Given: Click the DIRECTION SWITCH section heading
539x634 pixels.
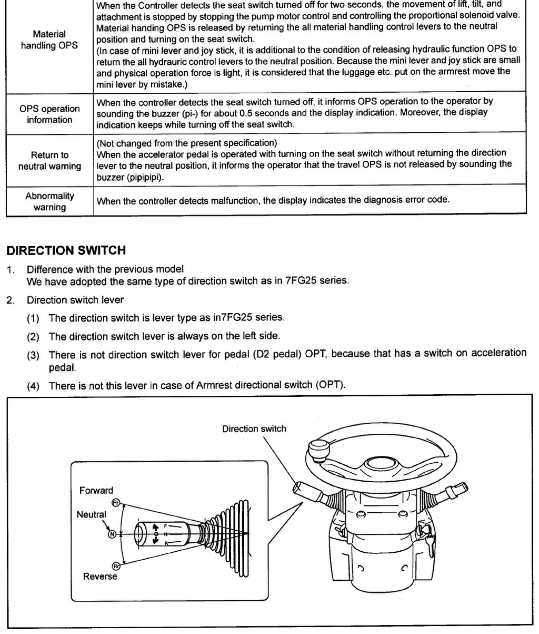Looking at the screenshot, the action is click(66, 250).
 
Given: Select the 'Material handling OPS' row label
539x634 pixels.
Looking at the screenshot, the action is click(49, 40).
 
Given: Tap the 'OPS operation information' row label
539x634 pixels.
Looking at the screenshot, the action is click(49, 114).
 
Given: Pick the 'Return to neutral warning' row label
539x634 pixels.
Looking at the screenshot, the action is click(49, 160).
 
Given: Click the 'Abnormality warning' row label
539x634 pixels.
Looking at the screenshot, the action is click(49, 201).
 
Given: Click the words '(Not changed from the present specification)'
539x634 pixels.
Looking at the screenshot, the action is click(187, 143).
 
